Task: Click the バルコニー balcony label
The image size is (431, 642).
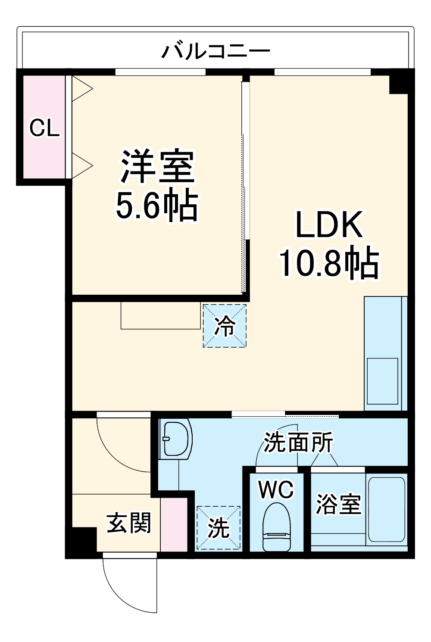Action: pyautogui.click(x=215, y=51)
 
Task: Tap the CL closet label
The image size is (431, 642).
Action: pyautogui.click(x=44, y=128)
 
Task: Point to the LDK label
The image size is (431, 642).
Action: pyautogui.click(x=328, y=225)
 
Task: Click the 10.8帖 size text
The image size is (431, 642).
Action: pyautogui.click(x=329, y=262)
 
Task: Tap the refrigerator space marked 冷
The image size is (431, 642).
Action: pyautogui.click(x=225, y=326)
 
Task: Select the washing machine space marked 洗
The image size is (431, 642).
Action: pyautogui.click(x=219, y=528)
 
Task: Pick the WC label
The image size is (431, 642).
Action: pyautogui.click(x=276, y=489)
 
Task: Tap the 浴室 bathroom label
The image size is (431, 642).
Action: pyautogui.click(x=338, y=504)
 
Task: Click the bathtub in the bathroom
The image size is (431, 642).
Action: pyautogui.click(x=387, y=509)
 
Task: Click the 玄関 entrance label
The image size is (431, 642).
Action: pyautogui.click(x=129, y=523)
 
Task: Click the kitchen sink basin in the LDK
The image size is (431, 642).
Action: pyautogui.click(x=382, y=381)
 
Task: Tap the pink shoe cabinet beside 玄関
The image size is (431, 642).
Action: pyautogui.click(x=174, y=524)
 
